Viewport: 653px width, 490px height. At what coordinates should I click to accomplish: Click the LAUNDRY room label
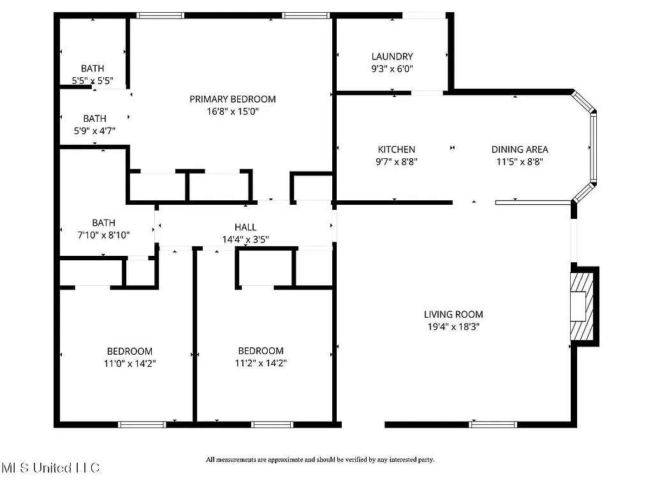tap(392, 56)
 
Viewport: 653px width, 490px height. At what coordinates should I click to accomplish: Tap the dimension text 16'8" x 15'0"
tap(233, 111)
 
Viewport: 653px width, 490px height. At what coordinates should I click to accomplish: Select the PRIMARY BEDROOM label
tap(233, 99)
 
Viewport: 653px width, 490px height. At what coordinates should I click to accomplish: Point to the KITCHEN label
tap(396, 149)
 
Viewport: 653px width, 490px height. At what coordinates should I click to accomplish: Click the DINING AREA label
tap(520, 149)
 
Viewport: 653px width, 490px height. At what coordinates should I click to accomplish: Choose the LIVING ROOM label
tap(453, 314)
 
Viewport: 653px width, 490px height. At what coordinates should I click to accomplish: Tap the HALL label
tap(246, 227)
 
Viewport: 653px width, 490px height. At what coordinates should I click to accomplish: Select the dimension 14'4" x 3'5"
tap(246, 239)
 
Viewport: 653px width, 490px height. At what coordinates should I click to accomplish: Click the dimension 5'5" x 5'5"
tap(93, 81)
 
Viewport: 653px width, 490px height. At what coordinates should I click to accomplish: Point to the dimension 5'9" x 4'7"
tap(94, 131)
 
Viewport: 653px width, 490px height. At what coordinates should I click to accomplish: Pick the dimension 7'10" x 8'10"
tap(103, 235)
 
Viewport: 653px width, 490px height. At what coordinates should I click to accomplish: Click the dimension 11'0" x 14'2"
tap(129, 364)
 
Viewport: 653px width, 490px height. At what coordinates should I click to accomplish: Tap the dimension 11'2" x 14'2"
tap(261, 364)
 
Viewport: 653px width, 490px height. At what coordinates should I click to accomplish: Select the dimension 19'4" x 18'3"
tap(453, 327)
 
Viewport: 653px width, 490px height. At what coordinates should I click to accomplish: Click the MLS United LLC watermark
tap(51, 468)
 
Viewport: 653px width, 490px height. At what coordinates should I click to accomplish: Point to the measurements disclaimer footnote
tap(319, 459)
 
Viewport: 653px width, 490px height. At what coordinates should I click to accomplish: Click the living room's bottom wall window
tap(492, 424)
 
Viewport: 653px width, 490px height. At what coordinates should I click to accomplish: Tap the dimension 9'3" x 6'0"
tap(392, 69)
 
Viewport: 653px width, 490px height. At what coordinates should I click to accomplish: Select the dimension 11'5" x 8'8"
tap(520, 162)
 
